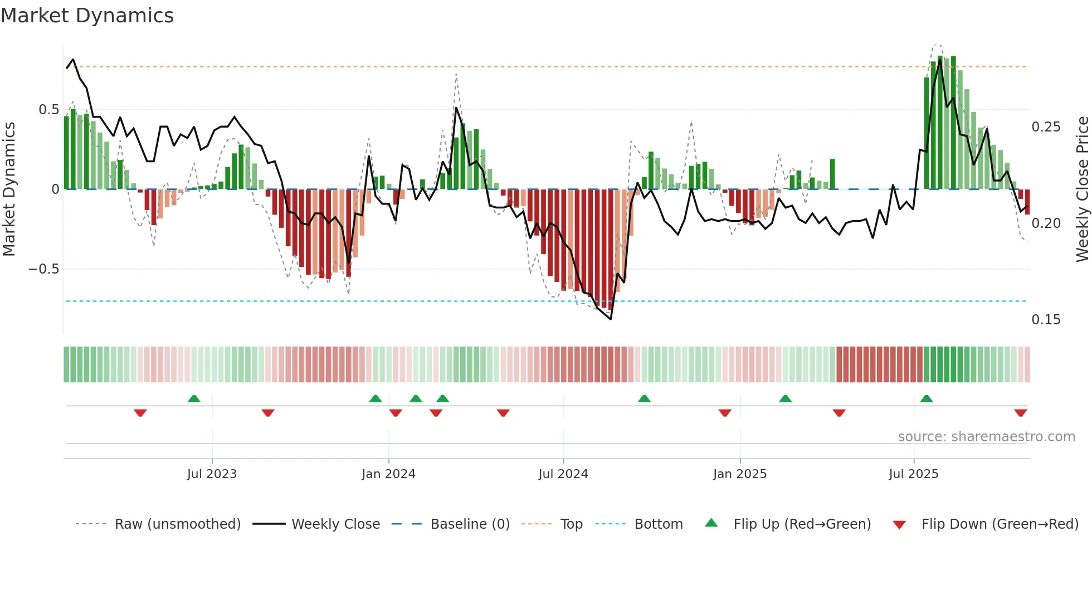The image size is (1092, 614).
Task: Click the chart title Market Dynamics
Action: pos(87,16)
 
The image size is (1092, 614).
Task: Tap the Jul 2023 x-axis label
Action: pos(212,474)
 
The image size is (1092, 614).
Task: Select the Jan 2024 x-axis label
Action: pos(388,474)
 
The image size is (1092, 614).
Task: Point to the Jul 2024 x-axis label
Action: pos(563,474)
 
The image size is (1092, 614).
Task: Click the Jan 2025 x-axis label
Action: pos(740,474)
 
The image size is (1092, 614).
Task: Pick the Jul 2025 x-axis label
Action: pos(914,474)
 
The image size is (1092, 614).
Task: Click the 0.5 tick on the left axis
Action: pos(48,110)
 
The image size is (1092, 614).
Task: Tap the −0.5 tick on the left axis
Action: pos(44,269)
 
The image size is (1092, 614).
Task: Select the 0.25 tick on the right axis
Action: pos(1046,127)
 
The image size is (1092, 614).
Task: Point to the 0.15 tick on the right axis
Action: pos(1046,320)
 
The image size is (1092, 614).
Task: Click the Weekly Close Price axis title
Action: pos(1082,189)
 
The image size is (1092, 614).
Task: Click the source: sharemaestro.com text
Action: pos(986,437)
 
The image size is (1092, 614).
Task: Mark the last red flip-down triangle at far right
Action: pos(1021,413)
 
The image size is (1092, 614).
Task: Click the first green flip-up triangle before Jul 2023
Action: pos(194,398)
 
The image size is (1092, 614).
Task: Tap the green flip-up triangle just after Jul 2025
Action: pos(927,398)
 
